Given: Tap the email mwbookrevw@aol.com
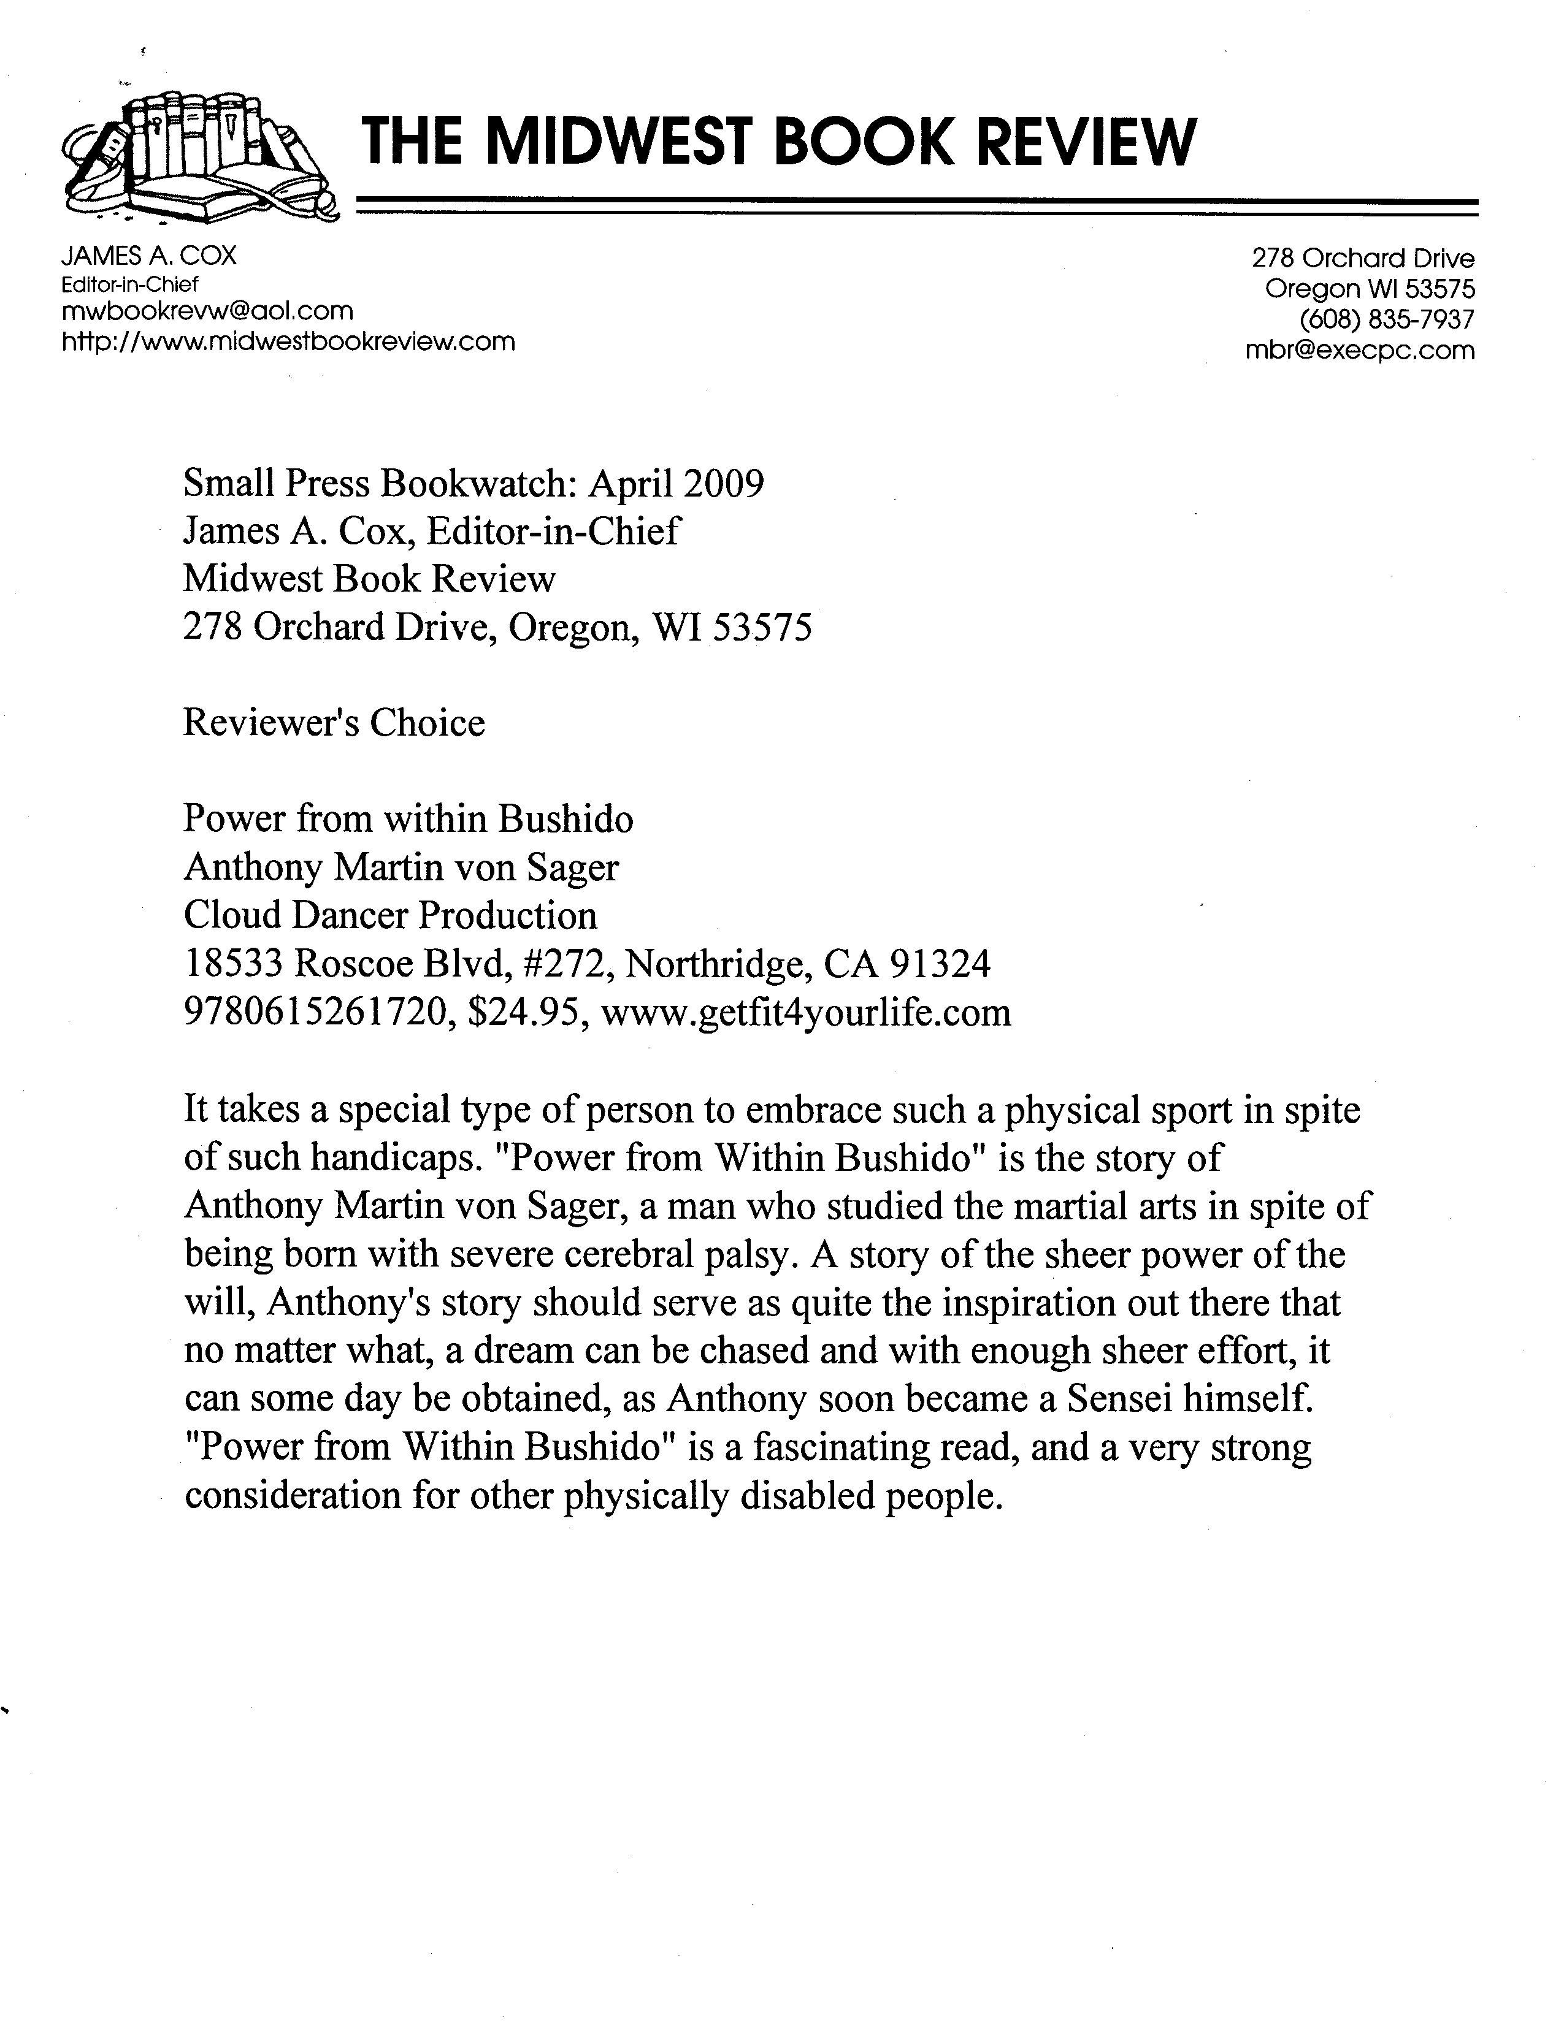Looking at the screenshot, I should (x=207, y=311).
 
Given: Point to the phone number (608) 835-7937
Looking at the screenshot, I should (x=1387, y=319).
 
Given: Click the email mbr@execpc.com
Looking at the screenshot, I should (x=1360, y=350).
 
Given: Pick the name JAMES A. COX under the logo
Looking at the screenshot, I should (x=149, y=256).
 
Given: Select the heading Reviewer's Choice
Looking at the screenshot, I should (x=334, y=723).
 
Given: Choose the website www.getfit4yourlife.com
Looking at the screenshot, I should (x=806, y=1013).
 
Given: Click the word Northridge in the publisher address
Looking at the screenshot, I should (x=719, y=964).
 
